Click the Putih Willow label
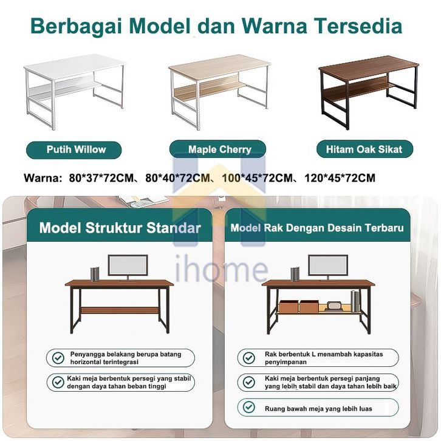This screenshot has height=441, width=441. click(73, 149)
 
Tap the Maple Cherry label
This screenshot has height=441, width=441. click(217, 149)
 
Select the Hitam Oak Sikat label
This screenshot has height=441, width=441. click(365, 149)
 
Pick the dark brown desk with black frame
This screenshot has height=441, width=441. click(368, 92)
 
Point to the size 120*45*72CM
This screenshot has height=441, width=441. click(340, 178)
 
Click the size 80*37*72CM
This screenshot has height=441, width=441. click(101, 178)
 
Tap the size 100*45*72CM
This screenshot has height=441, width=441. click(258, 178)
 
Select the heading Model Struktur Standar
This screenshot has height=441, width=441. click(120, 228)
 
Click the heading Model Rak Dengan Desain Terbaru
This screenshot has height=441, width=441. click(317, 228)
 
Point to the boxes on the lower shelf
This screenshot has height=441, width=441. click(299, 306)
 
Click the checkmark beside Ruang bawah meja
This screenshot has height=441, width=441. click(248, 407)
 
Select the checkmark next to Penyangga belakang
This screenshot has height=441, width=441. click(58, 358)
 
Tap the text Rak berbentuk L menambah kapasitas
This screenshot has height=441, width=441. click(324, 354)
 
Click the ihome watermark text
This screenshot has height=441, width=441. click(221, 268)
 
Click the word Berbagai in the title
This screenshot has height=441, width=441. click(77, 27)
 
